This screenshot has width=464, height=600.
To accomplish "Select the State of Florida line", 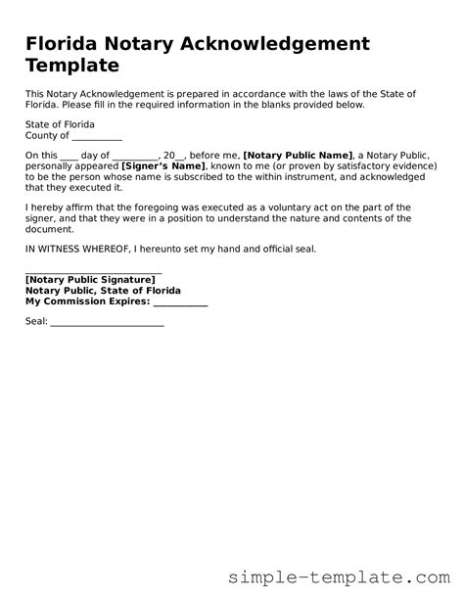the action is pos(57,124).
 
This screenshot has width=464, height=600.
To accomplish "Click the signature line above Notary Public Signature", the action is pos(93,273).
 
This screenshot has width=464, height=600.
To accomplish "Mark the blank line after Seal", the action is pos(107,322).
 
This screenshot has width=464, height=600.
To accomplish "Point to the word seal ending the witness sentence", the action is pos(304,249).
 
